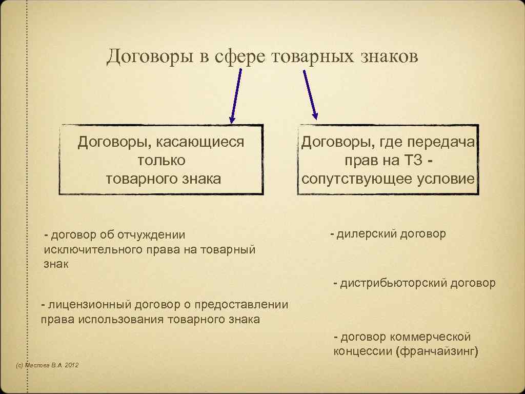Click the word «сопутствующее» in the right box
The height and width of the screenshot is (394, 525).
click(x=359, y=179)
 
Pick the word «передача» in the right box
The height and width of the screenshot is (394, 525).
click(x=446, y=142)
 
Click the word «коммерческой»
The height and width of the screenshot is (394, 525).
click(x=431, y=337)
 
